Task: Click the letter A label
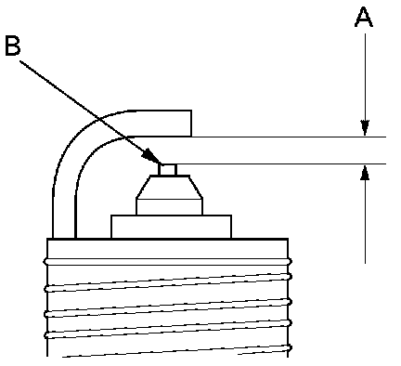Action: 364,18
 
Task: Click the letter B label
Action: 13,46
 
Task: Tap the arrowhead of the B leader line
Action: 151,156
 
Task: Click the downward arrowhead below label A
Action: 365,128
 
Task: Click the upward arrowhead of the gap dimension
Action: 366,173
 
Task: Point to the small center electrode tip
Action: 167,169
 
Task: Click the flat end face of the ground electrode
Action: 191,124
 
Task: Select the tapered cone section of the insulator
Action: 169,187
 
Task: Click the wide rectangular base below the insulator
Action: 171,227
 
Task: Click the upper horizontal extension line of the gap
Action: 289,137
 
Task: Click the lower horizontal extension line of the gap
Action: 281,163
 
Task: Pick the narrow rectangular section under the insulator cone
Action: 169,207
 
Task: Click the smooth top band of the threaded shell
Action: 167,249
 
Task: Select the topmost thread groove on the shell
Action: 167,262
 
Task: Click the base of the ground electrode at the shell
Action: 64,236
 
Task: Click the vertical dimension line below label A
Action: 365,85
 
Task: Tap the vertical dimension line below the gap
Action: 366,214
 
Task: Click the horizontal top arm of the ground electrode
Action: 161,124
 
